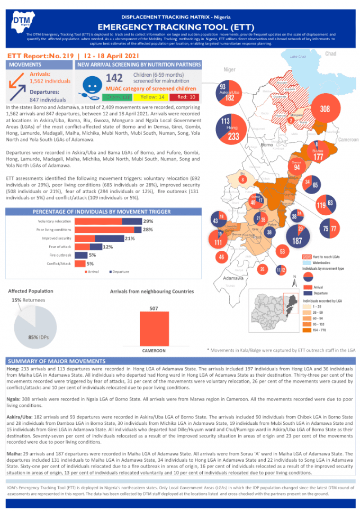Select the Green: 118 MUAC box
point(119,97)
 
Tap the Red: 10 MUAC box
point(186,97)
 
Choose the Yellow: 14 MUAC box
point(152,97)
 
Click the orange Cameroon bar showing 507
point(154,328)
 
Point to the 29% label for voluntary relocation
point(148,221)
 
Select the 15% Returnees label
point(29,300)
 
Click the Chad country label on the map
point(330,54)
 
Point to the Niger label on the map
point(229,69)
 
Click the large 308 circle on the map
point(325,109)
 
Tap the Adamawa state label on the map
point(233,278)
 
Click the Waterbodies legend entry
point(321,262)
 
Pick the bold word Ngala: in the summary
point(14,399)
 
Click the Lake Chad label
point(299,57)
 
